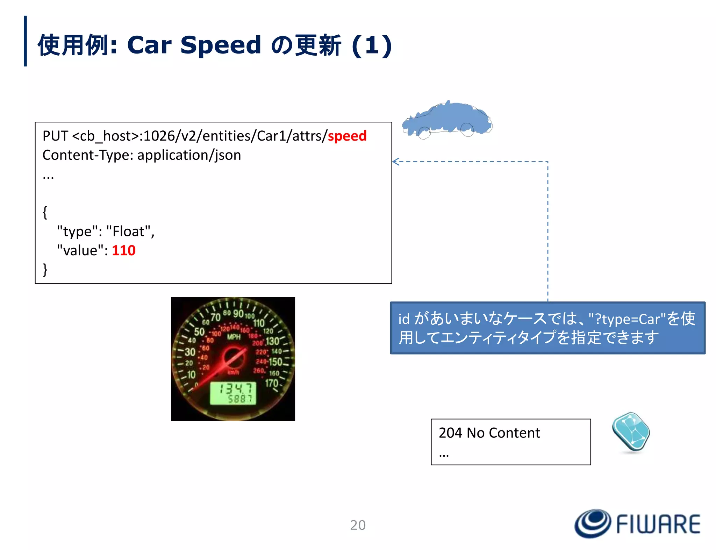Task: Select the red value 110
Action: (123, 251)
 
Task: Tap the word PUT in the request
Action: (55, 136)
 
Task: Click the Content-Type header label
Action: (87, 155)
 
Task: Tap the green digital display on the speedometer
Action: (233, 393)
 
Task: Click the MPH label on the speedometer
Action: (234, 337)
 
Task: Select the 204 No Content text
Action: (489, 433)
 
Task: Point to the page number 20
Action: (358, 525)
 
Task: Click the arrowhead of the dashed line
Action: (395, 162)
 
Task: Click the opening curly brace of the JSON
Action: (45, 212)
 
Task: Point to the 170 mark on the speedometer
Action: (271, 383)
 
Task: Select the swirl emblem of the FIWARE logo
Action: (593, 523)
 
